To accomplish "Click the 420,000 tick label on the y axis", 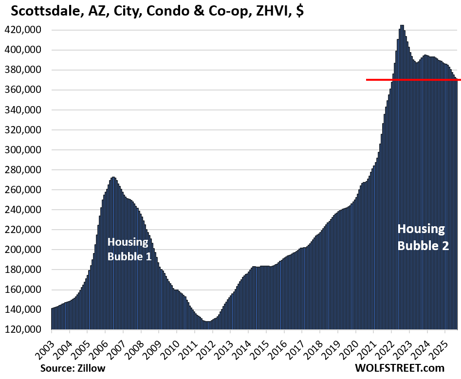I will pyautogui.click(x=26, y=30).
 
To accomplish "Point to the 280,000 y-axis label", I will pyautogui.click(x=26, y=170).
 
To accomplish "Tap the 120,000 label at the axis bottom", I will pyautogui.click(x=26, y=329).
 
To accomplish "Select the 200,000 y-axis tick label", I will pyautogui.click(x=26, y=250).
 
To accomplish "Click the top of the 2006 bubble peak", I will pyautogui.click(x=113, y=178).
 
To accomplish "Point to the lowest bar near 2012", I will pyautogui.click(x=208, y=322).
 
